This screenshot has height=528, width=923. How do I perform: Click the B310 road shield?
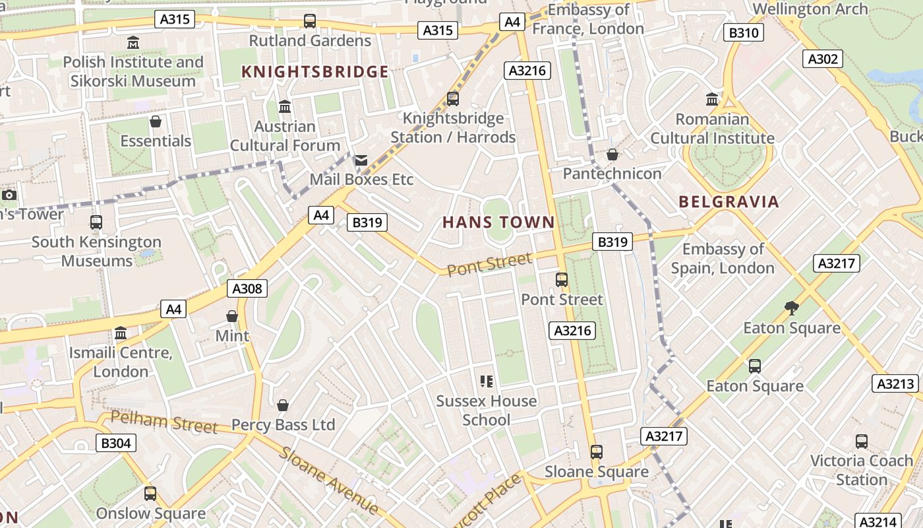coord(744,32)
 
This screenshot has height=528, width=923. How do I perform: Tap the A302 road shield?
coord(823,59)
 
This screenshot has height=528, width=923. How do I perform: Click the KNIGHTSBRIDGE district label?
coord(315,72)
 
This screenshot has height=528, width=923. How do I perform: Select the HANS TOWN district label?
coord(498,222)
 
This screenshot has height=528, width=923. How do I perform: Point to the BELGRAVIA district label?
coord(729,202)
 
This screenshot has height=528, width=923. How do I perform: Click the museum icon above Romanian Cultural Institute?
coord(712,100)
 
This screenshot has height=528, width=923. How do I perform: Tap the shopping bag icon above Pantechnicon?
coord(612,154)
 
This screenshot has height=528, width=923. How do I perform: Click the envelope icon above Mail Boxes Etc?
coord(361,160)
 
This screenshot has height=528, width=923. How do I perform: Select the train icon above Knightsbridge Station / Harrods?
coord(453,99)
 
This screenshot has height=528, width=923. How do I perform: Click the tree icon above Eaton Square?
coord(792,308)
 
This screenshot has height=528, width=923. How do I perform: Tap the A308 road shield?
coord(248,288)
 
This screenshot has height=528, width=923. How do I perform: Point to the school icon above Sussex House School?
coord(487,381)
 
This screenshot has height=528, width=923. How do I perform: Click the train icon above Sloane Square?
coord(597,452)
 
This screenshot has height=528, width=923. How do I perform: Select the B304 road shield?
coord(116,443)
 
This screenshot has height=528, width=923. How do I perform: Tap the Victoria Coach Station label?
coord(861,470)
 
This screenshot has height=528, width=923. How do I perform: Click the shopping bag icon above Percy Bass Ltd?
coord(283,405)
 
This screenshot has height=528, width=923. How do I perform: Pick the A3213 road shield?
coord(895,383)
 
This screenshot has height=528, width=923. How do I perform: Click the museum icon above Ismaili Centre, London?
coord(121,333)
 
